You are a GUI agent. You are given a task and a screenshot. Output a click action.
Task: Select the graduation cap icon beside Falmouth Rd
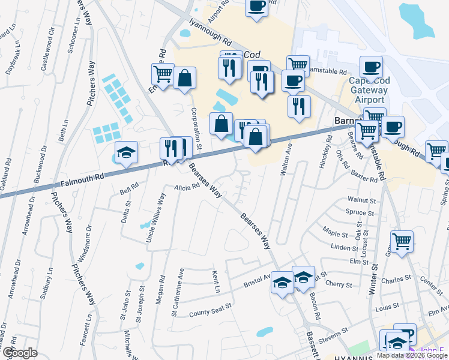126,153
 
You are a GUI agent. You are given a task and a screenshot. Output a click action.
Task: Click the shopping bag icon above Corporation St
185,78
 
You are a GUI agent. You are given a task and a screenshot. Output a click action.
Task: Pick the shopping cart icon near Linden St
402,241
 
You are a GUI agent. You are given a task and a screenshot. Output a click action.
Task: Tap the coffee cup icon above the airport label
371,67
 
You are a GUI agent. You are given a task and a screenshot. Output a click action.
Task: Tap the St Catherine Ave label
178,292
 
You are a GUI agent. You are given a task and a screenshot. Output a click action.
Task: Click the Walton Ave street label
286,158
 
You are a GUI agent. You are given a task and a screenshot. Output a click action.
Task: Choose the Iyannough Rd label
209,35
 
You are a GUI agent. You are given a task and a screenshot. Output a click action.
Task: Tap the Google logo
19,353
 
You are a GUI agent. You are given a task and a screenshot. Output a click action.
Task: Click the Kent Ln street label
215,281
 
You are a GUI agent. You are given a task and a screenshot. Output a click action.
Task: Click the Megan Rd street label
161,289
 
